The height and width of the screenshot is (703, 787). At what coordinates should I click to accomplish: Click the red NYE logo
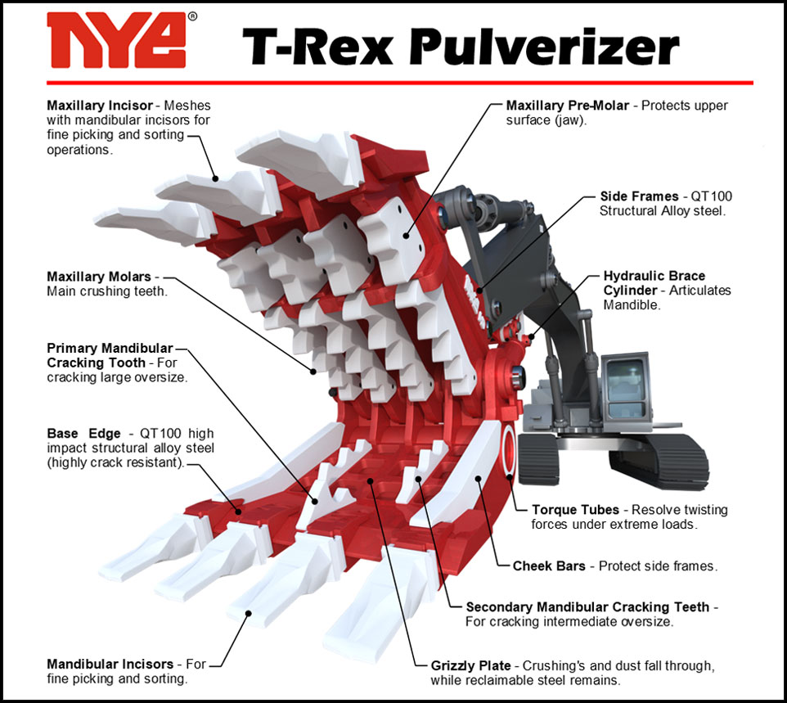[x=116, y=40]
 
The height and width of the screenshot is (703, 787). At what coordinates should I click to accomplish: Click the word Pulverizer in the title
[x=544, y=46]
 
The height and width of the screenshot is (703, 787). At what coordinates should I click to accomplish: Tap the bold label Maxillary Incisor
[x=99, y=106]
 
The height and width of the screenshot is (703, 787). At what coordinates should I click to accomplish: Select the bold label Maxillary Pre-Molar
[x=567, y=106]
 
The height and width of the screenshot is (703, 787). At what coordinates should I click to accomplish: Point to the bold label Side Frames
[x=639, y=196]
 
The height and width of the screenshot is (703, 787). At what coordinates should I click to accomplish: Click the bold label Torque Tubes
[x=575, y=510]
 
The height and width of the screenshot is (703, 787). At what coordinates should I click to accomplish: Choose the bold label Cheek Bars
[x=549, y=566]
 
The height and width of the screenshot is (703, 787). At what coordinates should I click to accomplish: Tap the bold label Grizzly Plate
[x=470, y=666]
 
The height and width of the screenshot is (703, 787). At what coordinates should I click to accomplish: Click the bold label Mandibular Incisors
[x=110, y=664]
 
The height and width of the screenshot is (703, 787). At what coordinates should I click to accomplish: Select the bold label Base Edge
[x=83, y=434]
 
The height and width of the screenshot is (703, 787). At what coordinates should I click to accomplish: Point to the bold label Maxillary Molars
[x=98, y=277]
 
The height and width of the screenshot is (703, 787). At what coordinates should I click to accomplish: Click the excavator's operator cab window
[x=625, y=381]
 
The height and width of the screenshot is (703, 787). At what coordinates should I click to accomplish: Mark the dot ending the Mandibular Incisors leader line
[x=248, y=613]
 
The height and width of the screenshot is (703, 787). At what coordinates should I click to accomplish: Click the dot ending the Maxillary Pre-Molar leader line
[x=406, y=235]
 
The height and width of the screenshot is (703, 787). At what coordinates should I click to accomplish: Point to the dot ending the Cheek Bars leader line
[x=479, y=479]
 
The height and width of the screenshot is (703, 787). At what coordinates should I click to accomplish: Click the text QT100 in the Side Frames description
[x=711, y=196]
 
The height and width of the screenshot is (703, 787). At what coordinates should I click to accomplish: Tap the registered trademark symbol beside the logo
[x=192, y=16]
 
